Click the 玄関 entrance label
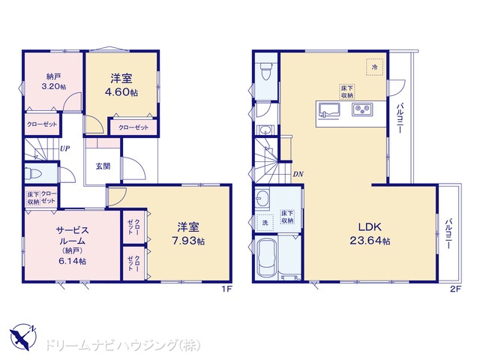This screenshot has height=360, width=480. pyautogui.click(x=103, y=166)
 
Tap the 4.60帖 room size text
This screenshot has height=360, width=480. pyautogui.click(x=121, y=92)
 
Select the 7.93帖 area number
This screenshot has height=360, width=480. pyautogui.click(x=188, y=241)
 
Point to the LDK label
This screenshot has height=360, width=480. pyautogui.click(x=370, y=226)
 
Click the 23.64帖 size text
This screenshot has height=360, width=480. pyautogui.click(x=370, y=241)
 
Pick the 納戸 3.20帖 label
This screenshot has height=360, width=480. pyautogui.click(x=53, y=82)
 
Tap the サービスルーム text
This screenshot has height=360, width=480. pyautogui.click(x=72, y=235)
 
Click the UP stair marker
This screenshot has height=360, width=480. pyautogui.click(x=64, y=148)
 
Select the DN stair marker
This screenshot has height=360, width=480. pyautogui.click(x=298, y=174)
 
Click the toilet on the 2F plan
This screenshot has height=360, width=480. pyautogui.click(x=265, y=70)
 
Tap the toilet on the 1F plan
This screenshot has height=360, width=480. pyautogui.click(x=33, y=173)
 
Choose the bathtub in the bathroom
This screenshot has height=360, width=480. pyautogui.click(x=267, y=257)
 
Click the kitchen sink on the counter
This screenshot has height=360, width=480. pyautogui.click(x=329, y=110)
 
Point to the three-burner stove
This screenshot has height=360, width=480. pyautogui.click(x=362, y=109)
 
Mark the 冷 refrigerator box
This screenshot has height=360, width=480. pyautogui.click(x=375, y=67)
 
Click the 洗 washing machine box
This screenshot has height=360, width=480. pyautogui.click(x=265, y=223)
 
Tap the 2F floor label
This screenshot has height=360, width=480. pyautogui.click(x=455, y=289)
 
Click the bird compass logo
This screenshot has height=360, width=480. pyautogui.click(x=23, y=337)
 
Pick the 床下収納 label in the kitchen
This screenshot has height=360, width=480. pyautogui.click(x=347, y=91)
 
